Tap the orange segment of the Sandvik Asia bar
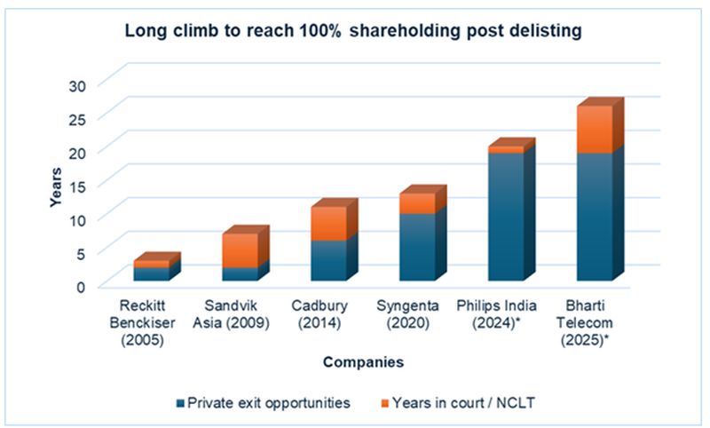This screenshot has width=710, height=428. click(240, 250)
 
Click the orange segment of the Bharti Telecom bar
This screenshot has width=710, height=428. click(595, 130)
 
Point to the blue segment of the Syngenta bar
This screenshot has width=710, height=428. click(417, 247)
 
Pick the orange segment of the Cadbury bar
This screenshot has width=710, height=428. click(328, 224)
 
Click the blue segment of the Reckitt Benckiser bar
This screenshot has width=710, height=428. click(151, 273)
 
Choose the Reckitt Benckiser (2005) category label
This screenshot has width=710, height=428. click(150, 322)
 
